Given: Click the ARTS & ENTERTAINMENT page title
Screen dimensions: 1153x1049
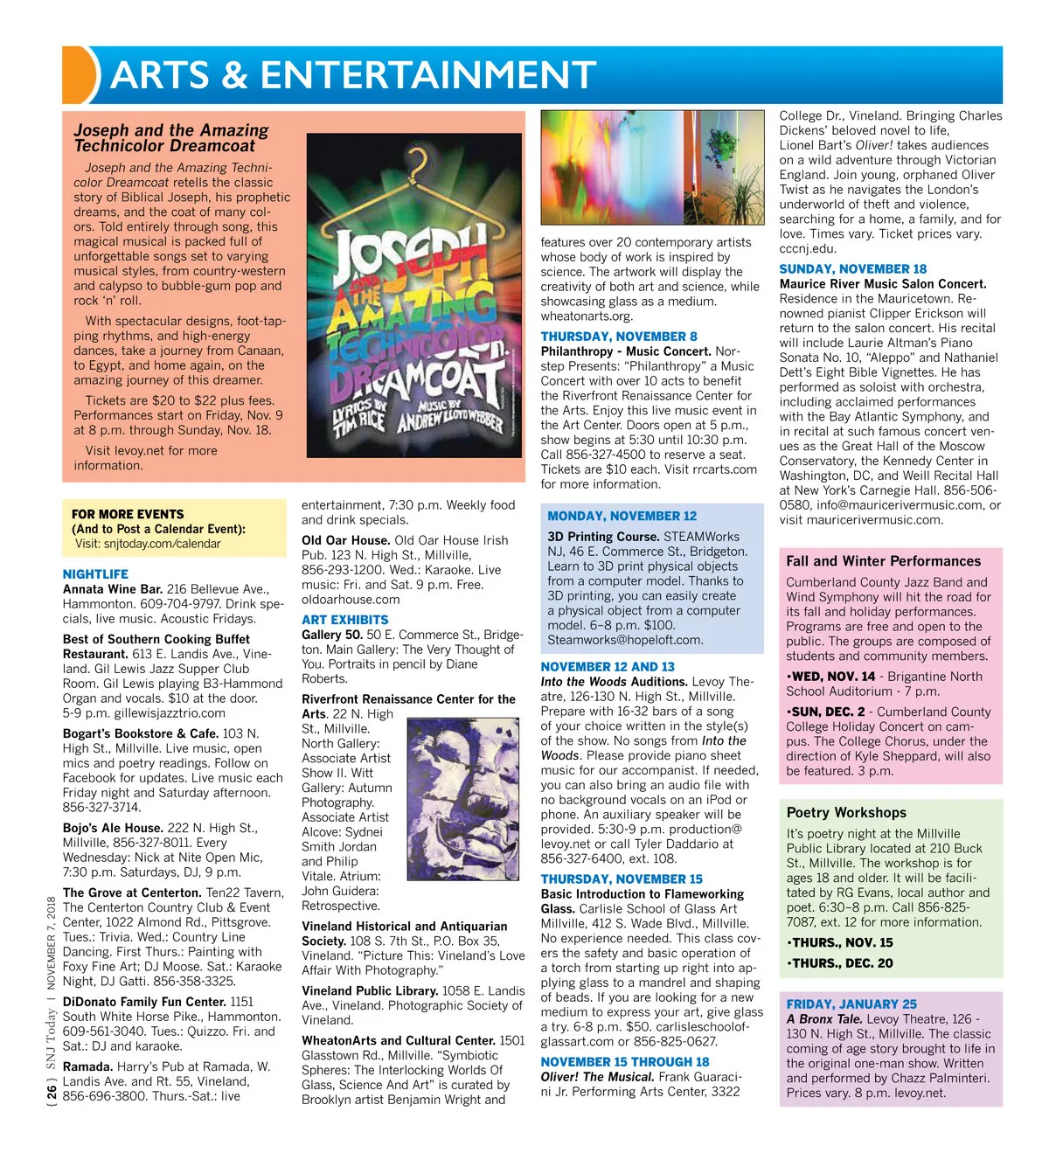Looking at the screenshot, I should pyautogui.click(x=353, y=75).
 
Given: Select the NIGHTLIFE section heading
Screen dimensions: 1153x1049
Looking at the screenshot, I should pyautogui.click(x=95, y=574).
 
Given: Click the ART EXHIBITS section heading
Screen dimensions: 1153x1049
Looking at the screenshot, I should pyautogui.click(x=345, y=620).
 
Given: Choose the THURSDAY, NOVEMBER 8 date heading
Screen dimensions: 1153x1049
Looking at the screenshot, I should pyautogui.click(x=619, y=337).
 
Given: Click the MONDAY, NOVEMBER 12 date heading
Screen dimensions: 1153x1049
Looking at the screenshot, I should pyautogui.click(x=622, y=516).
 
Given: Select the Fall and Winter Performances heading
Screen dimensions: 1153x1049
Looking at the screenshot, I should pyautogui.click(x=883, y=561).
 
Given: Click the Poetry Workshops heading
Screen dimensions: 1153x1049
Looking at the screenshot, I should pyautogui.click(x=846, y=812).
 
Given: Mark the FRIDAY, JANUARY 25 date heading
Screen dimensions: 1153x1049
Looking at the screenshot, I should pyautogui.click(x=851, y=1004).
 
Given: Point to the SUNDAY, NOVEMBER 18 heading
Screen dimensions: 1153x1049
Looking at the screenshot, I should pyautogui.click(x=852, y=269).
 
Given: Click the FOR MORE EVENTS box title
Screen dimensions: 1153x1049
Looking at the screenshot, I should pyautogui.click(x=128, y=514).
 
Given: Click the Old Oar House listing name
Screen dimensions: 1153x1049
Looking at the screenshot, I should pyautogui.click(x=345, y=540).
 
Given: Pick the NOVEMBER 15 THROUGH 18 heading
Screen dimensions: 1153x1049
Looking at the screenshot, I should pyautogui.click(x=624, y=1062).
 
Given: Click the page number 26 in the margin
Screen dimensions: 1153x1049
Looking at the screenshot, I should pyautogui.click(x=52, y=1092).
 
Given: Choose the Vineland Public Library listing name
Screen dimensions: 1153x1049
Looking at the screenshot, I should pyautogui.click(x=370, y=991).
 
